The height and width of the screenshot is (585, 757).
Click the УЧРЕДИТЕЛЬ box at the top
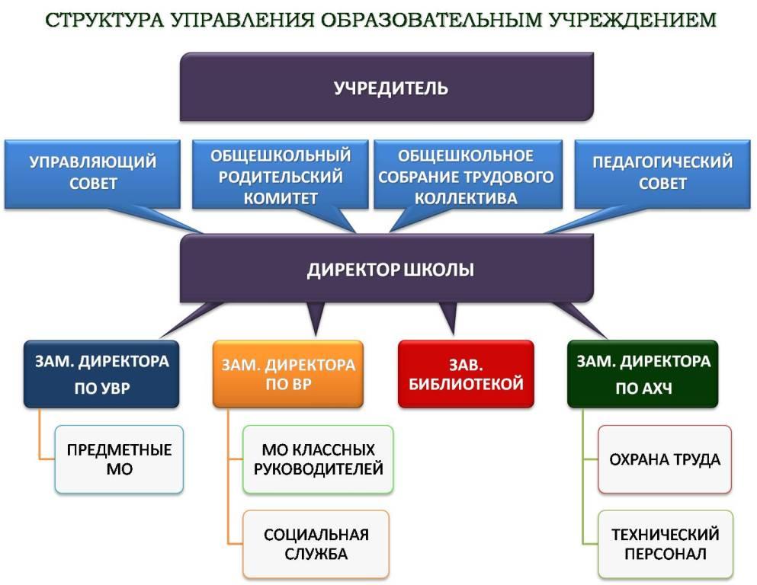pos(387,87)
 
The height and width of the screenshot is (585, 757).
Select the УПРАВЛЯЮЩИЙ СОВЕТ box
pos(92,174)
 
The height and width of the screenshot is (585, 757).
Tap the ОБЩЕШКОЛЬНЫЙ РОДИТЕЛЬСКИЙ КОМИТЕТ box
pos(280,174)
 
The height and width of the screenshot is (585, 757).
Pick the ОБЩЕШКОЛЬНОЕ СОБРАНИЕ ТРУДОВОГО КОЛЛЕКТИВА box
pos(468,174)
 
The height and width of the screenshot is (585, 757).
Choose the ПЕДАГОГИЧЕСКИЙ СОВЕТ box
pos(662,174)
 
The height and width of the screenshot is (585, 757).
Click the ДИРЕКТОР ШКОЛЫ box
pos(387,269)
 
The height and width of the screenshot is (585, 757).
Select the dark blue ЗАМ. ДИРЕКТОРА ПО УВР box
pos(101,374)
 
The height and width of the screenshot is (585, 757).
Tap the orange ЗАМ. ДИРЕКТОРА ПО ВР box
pos(287,374)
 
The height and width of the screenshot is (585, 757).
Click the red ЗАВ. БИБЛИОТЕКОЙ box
pos(466,374)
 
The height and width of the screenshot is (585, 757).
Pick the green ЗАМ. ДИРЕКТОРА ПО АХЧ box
pos(643,374)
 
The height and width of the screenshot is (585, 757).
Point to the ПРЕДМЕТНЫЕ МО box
pos(119,459)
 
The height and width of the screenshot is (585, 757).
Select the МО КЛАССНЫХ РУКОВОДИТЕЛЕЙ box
pos(318,459)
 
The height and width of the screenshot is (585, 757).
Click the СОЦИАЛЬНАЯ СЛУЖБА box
pos(316,544)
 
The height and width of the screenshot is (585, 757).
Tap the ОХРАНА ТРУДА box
pos(665,459)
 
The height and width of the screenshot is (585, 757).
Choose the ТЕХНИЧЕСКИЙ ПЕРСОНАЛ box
pos(666,544)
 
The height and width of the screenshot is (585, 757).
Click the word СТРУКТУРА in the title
pos(105,20)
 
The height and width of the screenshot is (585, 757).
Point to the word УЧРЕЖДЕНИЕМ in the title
pos(633,20)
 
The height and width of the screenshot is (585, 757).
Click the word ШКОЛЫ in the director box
pos(438,269)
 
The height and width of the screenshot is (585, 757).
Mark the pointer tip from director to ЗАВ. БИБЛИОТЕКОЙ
pos(453,334)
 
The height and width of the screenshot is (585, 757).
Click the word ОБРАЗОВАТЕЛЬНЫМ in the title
pos(431,20)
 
